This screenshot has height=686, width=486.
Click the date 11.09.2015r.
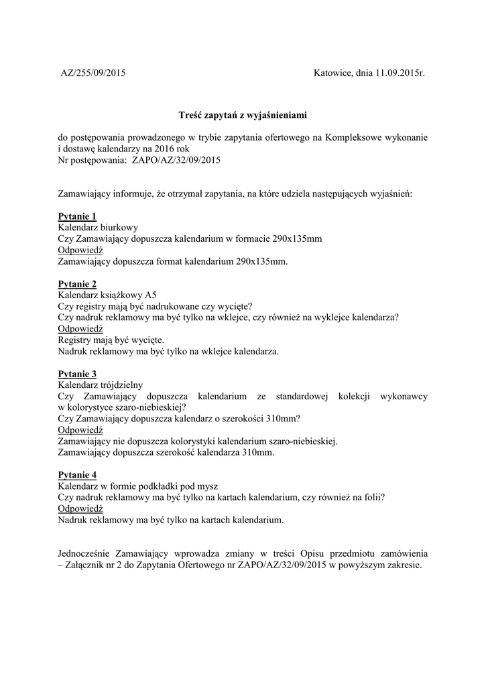401,72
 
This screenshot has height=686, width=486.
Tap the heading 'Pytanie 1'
78,216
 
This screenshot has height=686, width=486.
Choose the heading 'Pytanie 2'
78,284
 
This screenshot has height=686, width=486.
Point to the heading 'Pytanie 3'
78,374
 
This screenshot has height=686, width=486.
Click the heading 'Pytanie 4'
78,475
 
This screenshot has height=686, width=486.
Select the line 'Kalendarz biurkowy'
99,227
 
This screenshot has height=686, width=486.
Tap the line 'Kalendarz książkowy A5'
108,295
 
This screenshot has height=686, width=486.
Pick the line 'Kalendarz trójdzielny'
100,385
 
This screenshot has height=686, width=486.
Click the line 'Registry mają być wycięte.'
111,340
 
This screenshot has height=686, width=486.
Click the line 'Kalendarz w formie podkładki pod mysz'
138,486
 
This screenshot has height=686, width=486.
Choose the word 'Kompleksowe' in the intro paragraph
354,138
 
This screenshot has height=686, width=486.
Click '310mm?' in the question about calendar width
284,419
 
